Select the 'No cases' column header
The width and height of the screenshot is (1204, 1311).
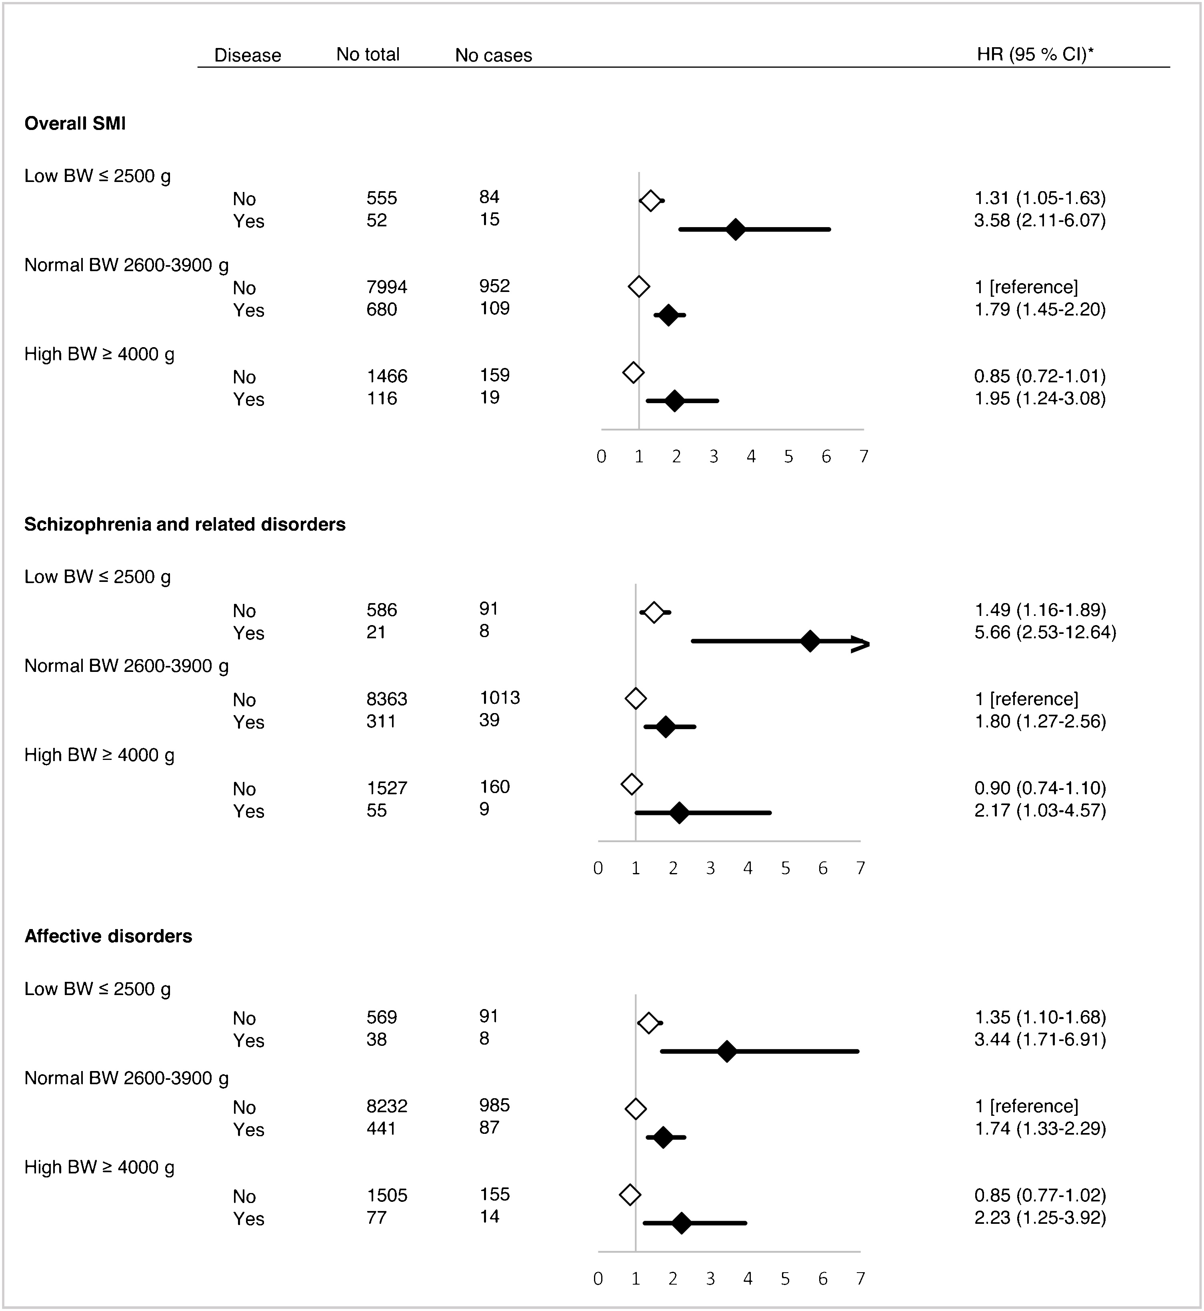(493, 55)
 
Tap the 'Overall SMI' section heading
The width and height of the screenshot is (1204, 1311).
(75, 123)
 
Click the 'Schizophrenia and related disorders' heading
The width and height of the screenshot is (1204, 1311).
(184, 524)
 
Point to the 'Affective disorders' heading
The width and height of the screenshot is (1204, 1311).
(108, 936)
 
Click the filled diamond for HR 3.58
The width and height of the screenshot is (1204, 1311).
(736, 229)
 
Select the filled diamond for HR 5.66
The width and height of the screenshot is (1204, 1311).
(810, 641)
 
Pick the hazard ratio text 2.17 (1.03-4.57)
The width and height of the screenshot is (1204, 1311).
(1040, 810)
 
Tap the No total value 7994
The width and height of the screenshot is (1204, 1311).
(387, 287)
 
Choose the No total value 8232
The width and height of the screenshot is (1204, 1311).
(387, 1106)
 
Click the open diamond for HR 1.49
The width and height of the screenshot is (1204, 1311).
(654, 612)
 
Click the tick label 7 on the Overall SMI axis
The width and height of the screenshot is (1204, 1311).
(863, 457)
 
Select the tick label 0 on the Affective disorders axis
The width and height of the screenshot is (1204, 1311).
(598, 1279)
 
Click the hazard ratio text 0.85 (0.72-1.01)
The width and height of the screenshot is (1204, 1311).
(1040, 376)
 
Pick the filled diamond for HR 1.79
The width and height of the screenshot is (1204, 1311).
(668, 315)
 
